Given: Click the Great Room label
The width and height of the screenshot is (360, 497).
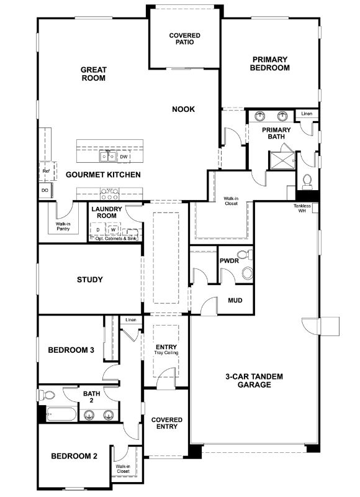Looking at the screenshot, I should pyautogui.click(x=93, y=74).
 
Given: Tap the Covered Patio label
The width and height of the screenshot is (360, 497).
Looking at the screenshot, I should pyautogui.click(x=184, y=39).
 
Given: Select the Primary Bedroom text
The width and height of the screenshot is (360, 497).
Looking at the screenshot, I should pyautogui.click(x=270, y=63).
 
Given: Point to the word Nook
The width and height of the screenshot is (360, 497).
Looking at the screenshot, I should pyautogui.click(x=184, y=109).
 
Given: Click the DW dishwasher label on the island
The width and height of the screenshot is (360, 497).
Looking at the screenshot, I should pyautogui.click(x=124, y=157).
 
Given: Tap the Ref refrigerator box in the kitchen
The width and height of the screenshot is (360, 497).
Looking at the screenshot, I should pyautogui.click(x=45, y=170).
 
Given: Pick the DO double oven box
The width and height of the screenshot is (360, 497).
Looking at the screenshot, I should pyautogui.click(x=45, y=190).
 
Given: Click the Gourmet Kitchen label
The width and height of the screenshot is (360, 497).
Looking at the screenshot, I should pyautogui.click(x=103, y=175).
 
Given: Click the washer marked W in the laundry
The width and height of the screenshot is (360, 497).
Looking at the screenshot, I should pyautogui.click(x=113, y=230).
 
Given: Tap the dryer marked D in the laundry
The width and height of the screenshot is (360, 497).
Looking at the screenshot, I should pyautogui.click(x=97, y=230).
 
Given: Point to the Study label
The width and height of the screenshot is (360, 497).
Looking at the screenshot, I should pyautogui.click(x=90, y=280).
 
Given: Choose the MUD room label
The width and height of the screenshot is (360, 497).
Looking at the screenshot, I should pyautogui.click(x=235, y=301).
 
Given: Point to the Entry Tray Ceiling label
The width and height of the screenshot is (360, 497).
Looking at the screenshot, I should pyautogui.click(x=166, y=349).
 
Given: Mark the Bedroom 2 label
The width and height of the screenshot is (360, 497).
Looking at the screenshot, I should pyautogui.click(x=74, y=456).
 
